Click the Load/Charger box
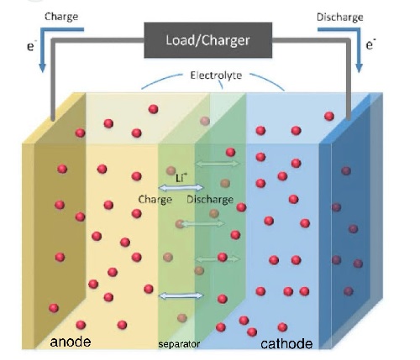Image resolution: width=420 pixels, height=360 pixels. [207, 40]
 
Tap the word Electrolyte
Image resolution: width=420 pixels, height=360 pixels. [216, 76]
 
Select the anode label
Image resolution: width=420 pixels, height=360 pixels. [71, 342]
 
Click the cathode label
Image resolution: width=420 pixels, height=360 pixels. [286, 344]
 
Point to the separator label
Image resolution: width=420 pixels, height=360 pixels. [179, 344]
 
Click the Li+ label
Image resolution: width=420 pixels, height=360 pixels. [181, 178]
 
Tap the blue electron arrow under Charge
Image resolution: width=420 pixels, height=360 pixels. [56, 48]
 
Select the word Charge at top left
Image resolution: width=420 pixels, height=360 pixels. [61, 17]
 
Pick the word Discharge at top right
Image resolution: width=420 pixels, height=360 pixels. [340, 18]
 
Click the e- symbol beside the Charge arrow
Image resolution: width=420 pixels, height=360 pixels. [31, 45]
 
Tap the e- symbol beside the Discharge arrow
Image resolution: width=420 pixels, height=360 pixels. [370, 44]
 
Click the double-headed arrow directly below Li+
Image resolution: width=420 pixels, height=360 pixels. [181, 188]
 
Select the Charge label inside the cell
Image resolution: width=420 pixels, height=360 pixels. [155, 200]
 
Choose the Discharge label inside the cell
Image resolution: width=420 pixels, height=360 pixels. [210, 200]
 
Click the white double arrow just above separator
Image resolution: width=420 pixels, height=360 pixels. [181, 295]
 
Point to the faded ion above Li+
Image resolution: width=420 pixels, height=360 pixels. [171, 170]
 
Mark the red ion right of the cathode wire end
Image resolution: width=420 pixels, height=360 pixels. [329, 116]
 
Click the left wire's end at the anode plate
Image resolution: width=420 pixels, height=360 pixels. [53, 119]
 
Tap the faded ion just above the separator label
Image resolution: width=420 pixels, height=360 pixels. [182, 318]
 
